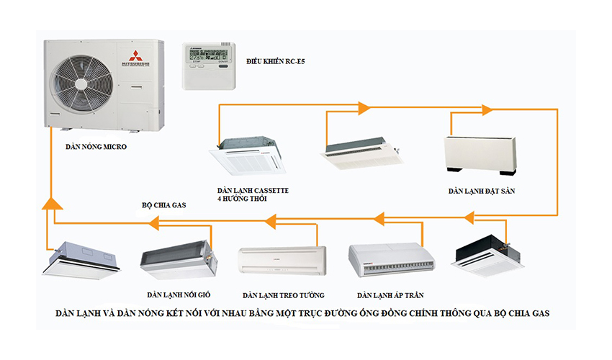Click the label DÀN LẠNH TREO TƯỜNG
click(284, 295)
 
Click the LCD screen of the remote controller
click(209, 53)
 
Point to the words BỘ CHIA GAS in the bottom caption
click(521, 314)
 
